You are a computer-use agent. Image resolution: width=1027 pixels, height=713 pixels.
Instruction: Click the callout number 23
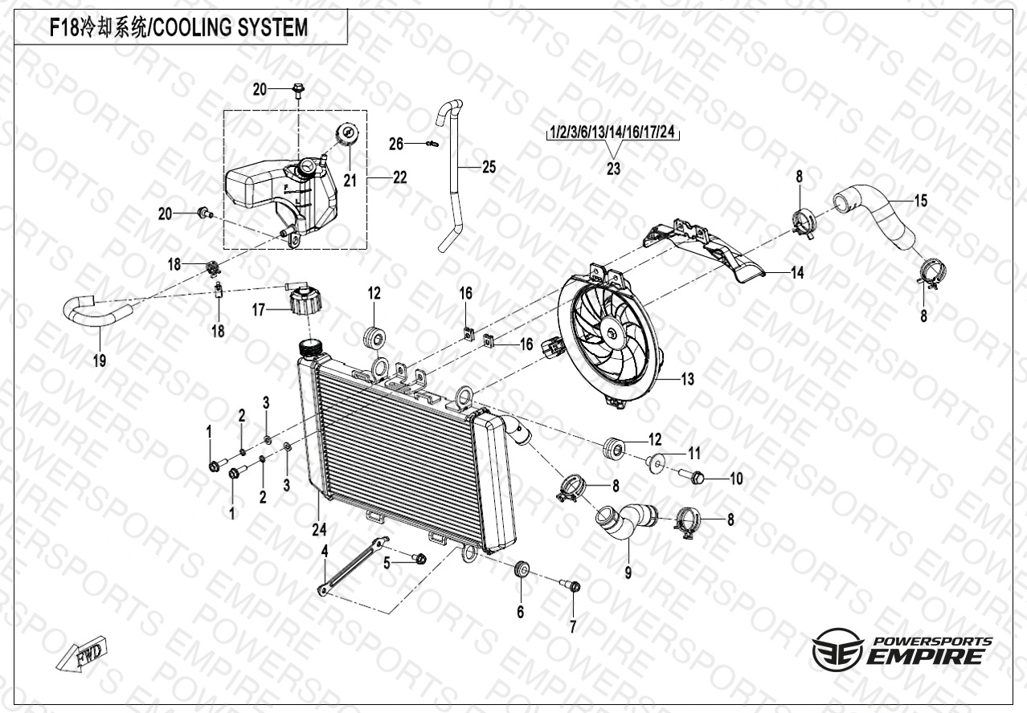(613, 169)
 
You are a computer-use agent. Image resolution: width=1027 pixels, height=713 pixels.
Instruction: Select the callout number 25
(489, 167)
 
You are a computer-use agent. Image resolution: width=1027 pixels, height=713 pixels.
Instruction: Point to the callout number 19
(99, 361)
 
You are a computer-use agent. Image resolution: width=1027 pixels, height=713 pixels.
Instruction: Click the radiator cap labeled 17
(307, 302)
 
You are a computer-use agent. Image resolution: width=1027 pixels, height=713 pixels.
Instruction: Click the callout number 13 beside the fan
(688, 379)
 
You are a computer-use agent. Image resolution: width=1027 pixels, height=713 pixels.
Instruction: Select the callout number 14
(796, 273)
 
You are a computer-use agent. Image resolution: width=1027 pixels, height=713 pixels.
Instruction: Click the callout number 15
(921, 201)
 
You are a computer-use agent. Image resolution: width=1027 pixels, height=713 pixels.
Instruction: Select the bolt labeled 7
(575, 587)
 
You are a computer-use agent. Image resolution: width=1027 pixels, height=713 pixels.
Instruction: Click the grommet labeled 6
(521, 570)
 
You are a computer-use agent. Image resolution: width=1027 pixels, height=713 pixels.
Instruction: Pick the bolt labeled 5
(419, 558)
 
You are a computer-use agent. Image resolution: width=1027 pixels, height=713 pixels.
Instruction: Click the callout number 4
(325, 551)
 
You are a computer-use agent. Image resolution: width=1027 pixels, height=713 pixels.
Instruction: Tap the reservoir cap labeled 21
(349, 133)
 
